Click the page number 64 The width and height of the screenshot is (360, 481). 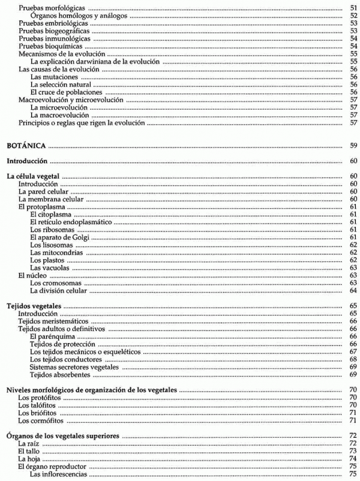(x=353, y=291)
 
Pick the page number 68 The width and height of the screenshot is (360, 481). (x=353, y=359)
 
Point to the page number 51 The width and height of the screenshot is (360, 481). (x=353, y=8)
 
